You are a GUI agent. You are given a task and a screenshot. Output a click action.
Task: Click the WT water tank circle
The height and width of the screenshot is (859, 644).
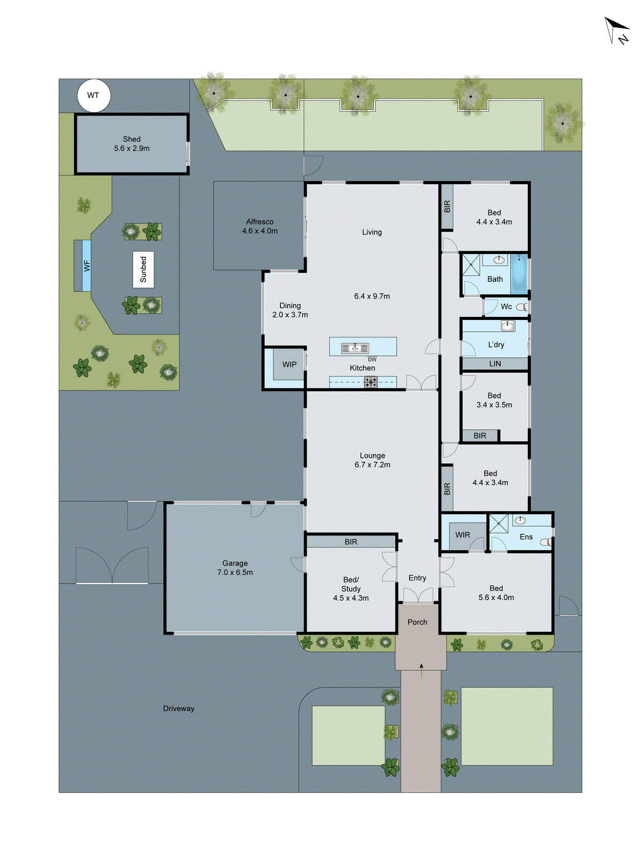93,96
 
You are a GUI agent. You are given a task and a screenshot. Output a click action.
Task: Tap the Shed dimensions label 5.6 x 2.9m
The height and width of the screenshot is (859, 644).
131,148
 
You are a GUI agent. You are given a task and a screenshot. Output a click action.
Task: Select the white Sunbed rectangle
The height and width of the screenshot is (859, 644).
143,270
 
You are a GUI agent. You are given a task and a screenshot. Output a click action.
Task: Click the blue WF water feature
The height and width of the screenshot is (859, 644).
86,266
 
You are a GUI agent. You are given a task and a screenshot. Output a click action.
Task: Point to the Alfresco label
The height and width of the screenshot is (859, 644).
260,222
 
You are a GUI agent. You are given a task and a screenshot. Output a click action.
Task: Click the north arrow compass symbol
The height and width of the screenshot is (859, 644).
616,31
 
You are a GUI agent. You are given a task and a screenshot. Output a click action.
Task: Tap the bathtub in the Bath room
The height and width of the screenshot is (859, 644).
519,274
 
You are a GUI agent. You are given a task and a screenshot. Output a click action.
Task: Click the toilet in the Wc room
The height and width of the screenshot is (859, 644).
521,308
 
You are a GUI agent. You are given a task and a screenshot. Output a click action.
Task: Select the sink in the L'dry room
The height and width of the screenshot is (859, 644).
507,326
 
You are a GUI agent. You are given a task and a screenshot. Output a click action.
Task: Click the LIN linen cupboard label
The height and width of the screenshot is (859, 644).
495,364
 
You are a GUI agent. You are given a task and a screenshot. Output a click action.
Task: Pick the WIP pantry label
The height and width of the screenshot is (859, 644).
289,365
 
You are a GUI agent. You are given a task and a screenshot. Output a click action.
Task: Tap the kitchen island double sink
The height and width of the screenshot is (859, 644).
355,348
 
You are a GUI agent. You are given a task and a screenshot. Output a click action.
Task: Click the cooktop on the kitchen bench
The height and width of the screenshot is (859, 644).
371,382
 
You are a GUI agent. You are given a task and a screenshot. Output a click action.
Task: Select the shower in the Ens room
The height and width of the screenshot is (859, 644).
499,523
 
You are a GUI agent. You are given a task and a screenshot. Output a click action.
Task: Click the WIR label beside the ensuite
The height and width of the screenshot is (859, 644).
463,535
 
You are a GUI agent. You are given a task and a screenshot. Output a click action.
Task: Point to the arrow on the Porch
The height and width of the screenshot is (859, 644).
421,667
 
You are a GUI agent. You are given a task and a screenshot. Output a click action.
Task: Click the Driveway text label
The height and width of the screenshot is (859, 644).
179,709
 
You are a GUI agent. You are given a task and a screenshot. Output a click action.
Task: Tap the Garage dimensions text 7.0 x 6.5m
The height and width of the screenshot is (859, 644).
235,573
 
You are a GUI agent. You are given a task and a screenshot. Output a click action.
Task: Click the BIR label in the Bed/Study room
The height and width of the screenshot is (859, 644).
351,542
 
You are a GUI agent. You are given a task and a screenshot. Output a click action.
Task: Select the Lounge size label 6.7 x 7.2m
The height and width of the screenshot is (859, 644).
372,465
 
